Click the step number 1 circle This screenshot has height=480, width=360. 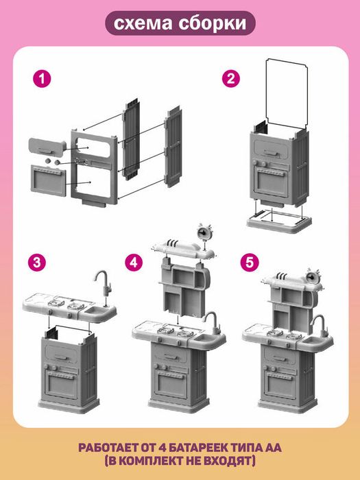coord(42,79)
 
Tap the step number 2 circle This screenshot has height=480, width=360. coord(231,79)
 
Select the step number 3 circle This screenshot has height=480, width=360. coord(37,263)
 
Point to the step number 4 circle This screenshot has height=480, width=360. coord(134,263)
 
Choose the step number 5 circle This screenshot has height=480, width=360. coord(250,263)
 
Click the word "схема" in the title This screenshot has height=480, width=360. coord(143,23)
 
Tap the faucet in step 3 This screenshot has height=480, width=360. coord(103,287)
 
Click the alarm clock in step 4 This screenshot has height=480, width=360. coord(203,232)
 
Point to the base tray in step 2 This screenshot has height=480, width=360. coord(279,222)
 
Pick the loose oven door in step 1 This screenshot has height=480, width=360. coord(49,180)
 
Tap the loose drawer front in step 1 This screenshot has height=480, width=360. coord(47,147)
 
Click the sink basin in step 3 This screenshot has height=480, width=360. coord(96,312)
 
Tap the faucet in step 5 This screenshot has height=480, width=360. coord(320,326)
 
